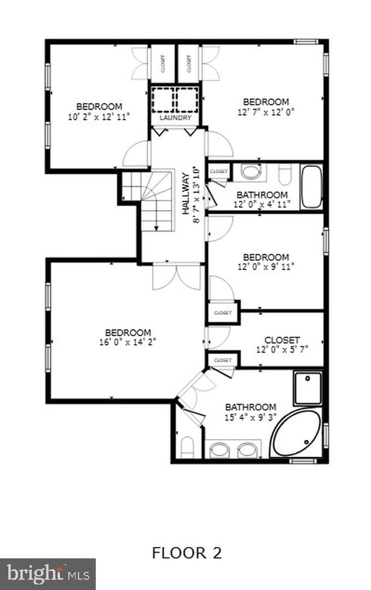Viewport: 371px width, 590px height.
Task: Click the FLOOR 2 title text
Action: (x=187, y=553)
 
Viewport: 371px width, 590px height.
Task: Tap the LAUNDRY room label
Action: (x=176, y=118)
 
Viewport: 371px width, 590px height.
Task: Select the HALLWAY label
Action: (x=185, y=194)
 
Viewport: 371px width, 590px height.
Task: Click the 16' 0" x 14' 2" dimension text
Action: (x=128, y=342)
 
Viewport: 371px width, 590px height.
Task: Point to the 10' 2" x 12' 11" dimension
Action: (x=99, y=117)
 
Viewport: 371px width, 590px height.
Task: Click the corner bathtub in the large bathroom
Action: (x=297, y=433)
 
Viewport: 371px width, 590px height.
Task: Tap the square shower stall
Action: (x=308, y=388)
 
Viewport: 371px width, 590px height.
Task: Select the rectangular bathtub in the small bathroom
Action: (x=312, y=187)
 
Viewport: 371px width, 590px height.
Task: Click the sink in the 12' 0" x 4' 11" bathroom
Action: (x=250, y=172)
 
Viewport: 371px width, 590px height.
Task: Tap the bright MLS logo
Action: (x=47, y=574)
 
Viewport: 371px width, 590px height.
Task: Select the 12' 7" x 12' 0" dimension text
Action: (x=266, y=112)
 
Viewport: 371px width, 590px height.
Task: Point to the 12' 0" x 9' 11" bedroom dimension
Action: (x=266, y=267)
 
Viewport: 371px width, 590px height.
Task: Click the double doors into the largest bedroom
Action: (x=177, y=277)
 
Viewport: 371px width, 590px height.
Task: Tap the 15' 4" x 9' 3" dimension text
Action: (x=251, y=417)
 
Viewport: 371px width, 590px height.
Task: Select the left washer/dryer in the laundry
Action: (x=163, y=100)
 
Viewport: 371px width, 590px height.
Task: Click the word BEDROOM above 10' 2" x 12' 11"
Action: (x=99, y=107)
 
